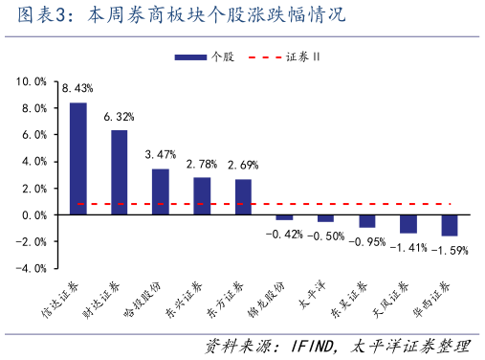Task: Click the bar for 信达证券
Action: (x=78, y=158)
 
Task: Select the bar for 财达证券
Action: (x=120, y=172)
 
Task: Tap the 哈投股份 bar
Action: (x=161, y=191)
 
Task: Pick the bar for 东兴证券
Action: (x=202, y=195)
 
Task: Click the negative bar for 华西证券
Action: (x=449, y=225)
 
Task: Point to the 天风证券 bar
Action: (x=408, y=224)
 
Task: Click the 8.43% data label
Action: (x=77, y=89)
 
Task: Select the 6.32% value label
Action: (x=120, y=117)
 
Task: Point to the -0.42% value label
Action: (x=283, y=234)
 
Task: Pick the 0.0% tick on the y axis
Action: (x=33, y=214)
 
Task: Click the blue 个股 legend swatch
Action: (x=190, y=57)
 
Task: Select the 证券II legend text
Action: (x=303, y=57)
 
